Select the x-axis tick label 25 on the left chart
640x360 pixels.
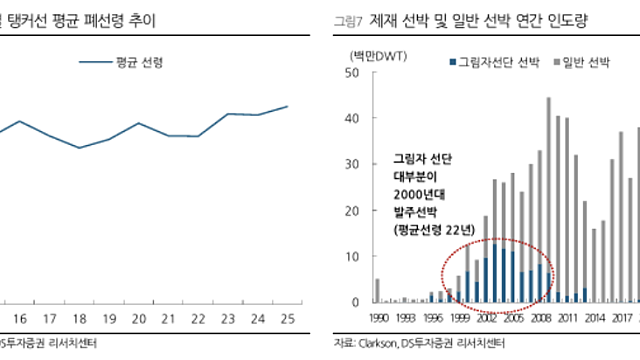click(287, 319)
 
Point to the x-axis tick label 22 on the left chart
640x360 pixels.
click(199, 319)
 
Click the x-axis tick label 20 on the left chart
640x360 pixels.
click(140, 319)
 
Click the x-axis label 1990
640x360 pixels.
click(378, 319)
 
